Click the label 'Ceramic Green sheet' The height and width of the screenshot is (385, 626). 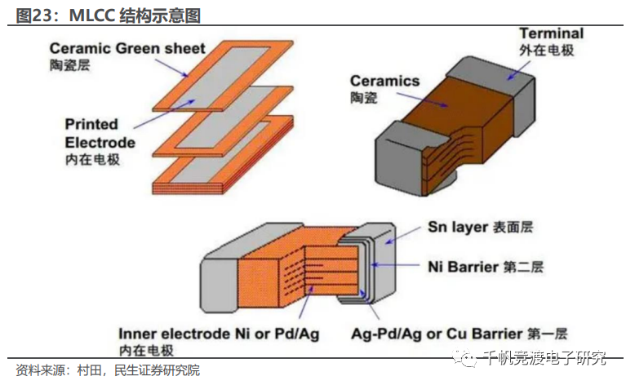pos(127,48)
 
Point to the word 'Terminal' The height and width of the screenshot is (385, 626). pos(552,33)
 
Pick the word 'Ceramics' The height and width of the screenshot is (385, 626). pos(384,81)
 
